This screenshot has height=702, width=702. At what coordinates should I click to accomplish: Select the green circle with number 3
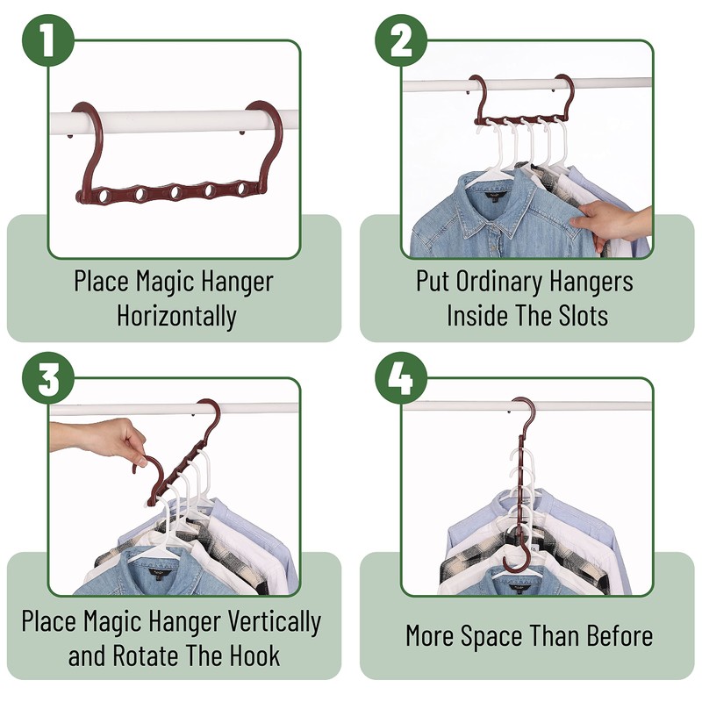click(x=49, y=377)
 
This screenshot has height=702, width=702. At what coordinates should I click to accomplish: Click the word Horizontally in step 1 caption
click(x=176, y=315)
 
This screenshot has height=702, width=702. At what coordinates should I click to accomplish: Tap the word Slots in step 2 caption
click(x=577, y=315)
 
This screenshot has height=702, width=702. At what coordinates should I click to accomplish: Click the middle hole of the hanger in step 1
click(x=175, y=191)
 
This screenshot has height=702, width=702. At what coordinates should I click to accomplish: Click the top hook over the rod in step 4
click(x=524, y=409)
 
